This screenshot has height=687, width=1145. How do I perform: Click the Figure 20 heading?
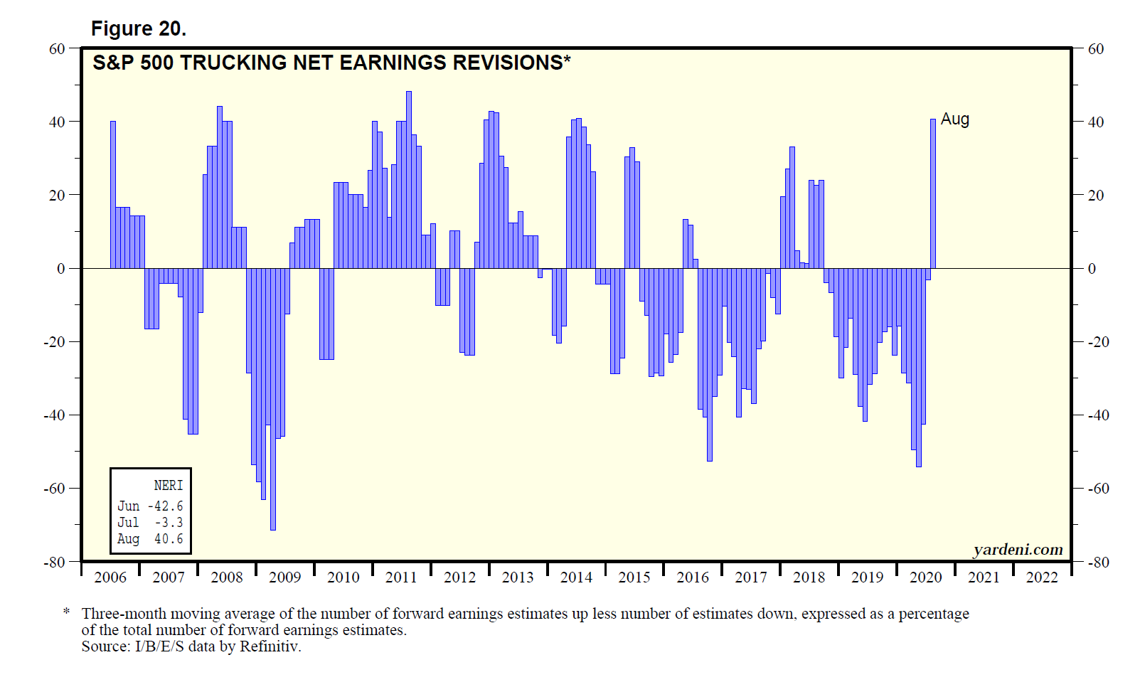pos(139,28)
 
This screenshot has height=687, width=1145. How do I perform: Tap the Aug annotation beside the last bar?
pos(954,119)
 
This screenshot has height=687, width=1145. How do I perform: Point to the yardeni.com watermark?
pos(1018,550)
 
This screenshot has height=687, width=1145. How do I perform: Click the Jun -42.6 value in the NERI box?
pos(150,506)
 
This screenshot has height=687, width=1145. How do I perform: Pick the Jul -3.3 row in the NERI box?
pos(150,522)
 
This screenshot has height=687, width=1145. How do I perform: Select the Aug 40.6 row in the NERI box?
pos(150,539)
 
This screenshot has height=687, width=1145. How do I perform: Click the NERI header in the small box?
pos(169,486)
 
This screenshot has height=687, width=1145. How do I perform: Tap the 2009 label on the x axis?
pos(284,577)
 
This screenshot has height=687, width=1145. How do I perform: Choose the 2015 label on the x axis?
pos(634,577)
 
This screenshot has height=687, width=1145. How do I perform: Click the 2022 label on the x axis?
pos(1042,577)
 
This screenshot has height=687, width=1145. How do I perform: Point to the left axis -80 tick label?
pos(54,563)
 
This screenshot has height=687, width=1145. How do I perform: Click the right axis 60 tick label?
pos(1096,49)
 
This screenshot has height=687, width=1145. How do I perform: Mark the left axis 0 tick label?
pos(61,269)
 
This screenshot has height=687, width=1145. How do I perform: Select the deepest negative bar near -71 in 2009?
pos(273,399)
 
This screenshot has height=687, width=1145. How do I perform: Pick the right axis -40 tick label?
pos(1098,415)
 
